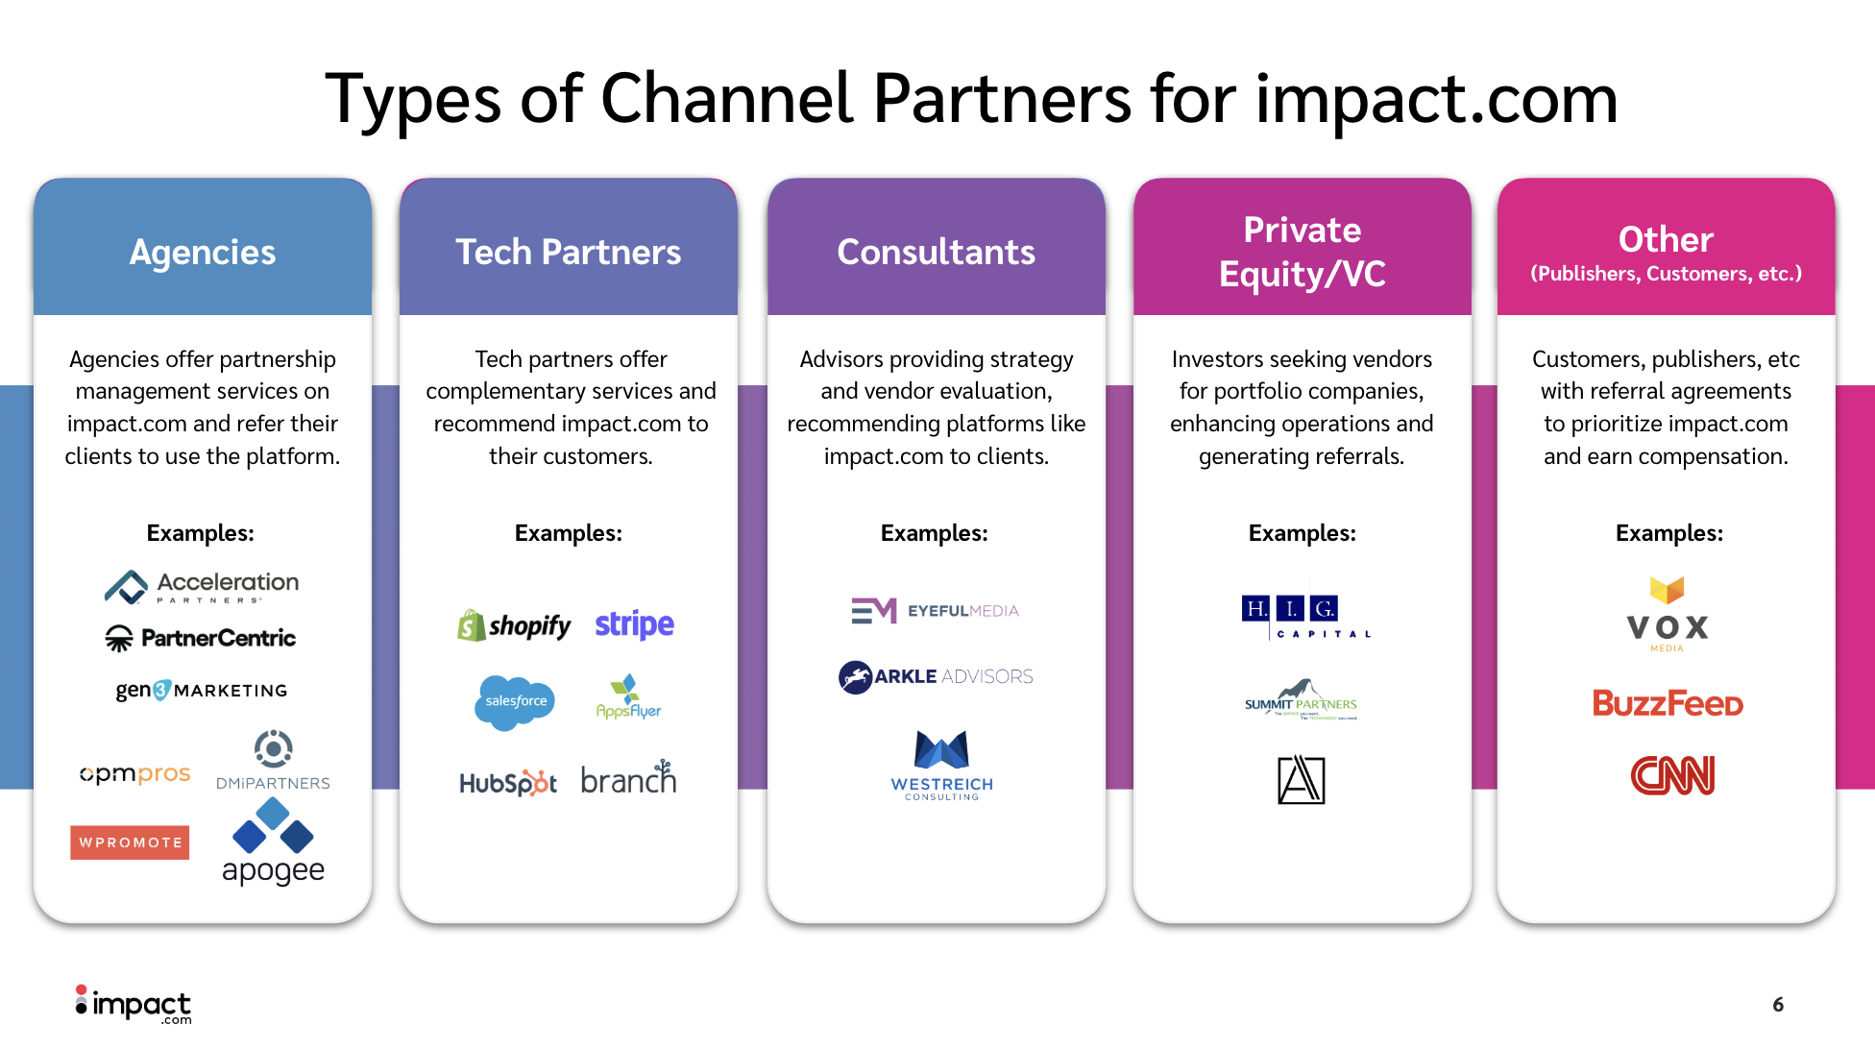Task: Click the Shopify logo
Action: coord(514,625)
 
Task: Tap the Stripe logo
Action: coord(634,624)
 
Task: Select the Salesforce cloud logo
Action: coord(515,701)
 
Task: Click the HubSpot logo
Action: coord(508,783)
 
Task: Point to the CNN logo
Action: coord(1672,776)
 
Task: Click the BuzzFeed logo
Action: coord(1668,703)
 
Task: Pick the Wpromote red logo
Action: coord(130,842)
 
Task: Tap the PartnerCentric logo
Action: coord(201,638)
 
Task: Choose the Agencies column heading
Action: coord(203,252)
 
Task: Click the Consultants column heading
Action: coord(936,252)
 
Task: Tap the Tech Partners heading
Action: coord(568,252)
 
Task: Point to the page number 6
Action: coord(1778,1004)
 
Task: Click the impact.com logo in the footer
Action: coord(134,1005)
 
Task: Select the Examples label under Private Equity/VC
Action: coord(1302,533)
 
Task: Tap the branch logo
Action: coord(628,779)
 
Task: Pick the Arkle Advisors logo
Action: coord(936,676)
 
